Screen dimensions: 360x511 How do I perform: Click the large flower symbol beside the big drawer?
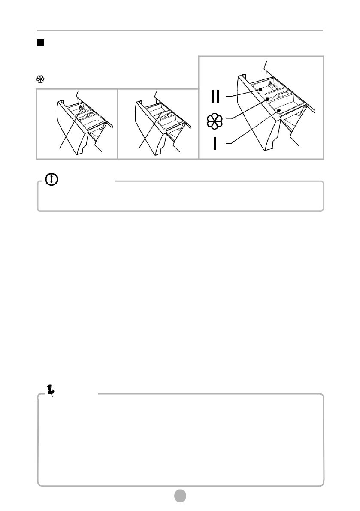pyautogui.click(x=215, y=121)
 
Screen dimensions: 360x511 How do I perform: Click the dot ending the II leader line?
pyautogui.click(x=260, y=90)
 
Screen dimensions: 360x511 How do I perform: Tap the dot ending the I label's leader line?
pyautogui.click(x=279, y=110)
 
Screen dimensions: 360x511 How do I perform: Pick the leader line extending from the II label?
pyautogui.click(x=242, y=94)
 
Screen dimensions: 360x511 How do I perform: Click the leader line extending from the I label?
pyautogui.click(x=253, y=127)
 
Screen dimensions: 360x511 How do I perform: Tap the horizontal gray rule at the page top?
pyautogui.click(x=180, y=31)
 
